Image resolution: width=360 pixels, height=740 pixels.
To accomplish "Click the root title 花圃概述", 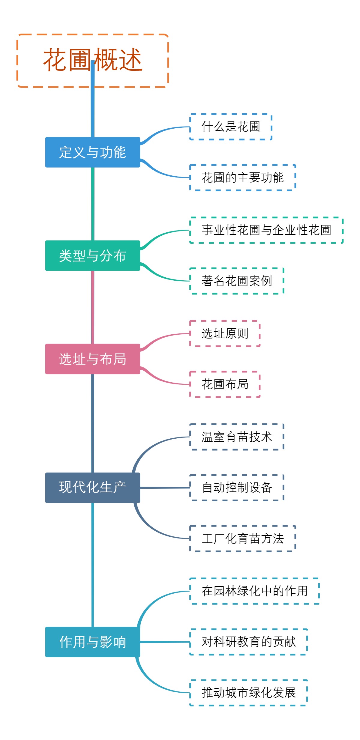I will (x=92, y=61).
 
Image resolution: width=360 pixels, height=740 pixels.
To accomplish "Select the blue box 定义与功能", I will (x=92, y=152).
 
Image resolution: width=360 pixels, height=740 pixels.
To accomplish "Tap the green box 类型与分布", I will (x=92, y=255).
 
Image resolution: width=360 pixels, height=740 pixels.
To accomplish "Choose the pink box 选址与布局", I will (x=92, y=359).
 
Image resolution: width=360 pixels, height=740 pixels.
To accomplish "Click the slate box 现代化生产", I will (x=92, y=488).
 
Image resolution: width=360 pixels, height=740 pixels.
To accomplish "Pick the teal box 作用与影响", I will (x=92, y=642).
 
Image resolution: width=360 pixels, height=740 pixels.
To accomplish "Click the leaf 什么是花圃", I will (x=231, y=127).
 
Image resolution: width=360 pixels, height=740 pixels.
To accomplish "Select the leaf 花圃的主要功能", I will (x=243, y=178).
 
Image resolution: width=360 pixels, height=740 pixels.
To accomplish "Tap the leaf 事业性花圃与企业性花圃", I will (x=266, y=230).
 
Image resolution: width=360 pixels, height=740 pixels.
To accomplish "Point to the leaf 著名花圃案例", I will (x=237, y=281).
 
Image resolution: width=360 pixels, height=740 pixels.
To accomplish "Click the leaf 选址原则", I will (x=225, y=333).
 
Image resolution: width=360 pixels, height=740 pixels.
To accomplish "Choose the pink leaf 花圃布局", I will (x=225, y=384).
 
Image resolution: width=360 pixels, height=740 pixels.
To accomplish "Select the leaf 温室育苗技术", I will (x=237, y=437).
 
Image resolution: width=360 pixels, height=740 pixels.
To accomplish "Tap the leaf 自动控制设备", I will (x=237, y=488).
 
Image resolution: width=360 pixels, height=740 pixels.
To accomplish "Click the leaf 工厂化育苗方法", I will (x=243, y=539).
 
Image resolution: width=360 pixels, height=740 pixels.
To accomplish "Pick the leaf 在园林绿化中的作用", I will (x=254, y=591).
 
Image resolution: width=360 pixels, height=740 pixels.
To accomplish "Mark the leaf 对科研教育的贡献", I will (x=249, y=642).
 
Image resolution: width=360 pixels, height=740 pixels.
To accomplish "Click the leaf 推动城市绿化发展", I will (x=249, y=693).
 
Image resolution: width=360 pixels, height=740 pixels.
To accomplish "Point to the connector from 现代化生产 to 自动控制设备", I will (x=165, y=488).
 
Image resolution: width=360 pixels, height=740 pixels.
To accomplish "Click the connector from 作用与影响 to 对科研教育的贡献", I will (x=165, y=642).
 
